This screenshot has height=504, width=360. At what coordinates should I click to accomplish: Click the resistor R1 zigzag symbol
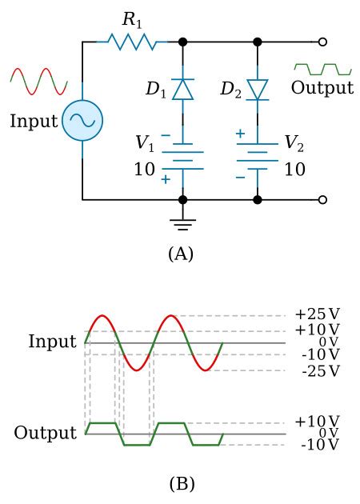coord(131,42)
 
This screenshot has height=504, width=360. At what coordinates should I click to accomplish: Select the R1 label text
coord(132,20)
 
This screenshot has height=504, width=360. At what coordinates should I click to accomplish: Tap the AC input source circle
coord(82,121)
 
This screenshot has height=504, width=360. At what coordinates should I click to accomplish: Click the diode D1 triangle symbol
coord(182,88)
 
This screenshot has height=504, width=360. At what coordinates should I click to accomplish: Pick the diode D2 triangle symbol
coord(257,88)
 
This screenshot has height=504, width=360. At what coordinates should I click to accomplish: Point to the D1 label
coord(156,89)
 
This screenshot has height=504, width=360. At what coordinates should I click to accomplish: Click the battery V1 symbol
coord(182,156)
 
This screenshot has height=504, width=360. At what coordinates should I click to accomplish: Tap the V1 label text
coord(144,144)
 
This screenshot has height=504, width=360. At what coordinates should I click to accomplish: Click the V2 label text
coord(294,143)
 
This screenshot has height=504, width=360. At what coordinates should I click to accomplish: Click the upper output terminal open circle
coord(322,42)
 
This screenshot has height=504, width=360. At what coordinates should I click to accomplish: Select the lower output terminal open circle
coord(322,199)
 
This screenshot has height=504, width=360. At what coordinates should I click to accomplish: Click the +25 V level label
coord(317,314)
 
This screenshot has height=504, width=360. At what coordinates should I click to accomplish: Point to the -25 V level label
coord(320,371)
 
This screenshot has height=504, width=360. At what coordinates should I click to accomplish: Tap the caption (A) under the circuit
coord(181,254)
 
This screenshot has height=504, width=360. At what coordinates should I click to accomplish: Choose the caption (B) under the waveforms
coord(182,483)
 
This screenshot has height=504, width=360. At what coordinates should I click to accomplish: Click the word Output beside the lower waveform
coord(45,434)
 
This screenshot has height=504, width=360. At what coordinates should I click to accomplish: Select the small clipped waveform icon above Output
coord(322,69)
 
